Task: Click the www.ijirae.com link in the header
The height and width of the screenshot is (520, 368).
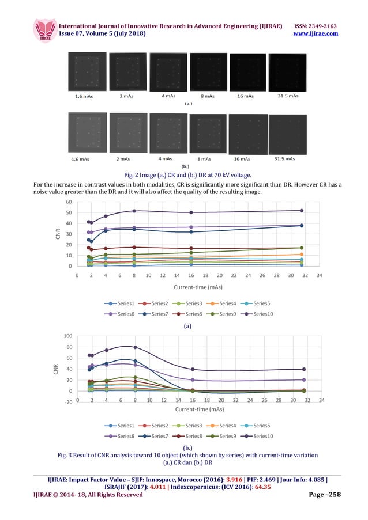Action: click(x=317, y=34)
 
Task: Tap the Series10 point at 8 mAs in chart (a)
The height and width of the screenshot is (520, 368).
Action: click(x=134, y=211)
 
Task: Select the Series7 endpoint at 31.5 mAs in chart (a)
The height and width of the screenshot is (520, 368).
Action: click(x=301, y=225)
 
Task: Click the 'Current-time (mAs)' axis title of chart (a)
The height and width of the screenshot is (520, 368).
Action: click(x=199, y=286)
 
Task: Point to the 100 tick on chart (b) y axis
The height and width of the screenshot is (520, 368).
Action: click(x=67, y=336)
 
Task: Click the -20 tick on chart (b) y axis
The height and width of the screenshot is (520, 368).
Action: click(x=67, y=403)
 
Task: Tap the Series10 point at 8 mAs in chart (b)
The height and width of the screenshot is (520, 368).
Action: click(x=135, y=347)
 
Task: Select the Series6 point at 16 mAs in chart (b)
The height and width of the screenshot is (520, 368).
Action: click(x=192, y=380)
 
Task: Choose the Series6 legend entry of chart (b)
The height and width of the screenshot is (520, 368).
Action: click(x=122, y=435)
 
